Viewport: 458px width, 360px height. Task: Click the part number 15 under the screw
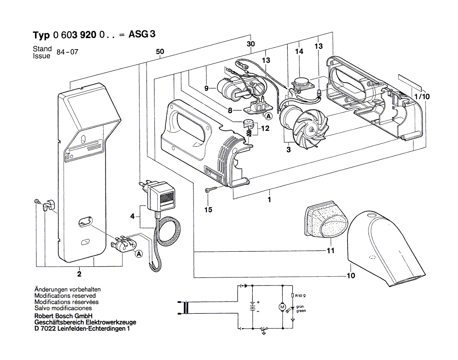[x=208, y=210]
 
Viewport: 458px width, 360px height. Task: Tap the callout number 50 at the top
[x=160, y=52]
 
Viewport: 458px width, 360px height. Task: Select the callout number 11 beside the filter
[x=330, y=251]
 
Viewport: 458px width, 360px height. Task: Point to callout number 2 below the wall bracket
[x=79, y=274]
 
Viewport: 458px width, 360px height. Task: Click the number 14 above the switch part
[x=299, y=51]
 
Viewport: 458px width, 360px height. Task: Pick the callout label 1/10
[x=422, y=96]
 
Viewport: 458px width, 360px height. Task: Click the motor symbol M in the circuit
[x=282, y=307]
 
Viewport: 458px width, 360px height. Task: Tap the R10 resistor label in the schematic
[x=300, y=296]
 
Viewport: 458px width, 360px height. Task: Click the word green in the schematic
[x=301, y=311]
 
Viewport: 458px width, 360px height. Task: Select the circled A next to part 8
[x=269, y=116]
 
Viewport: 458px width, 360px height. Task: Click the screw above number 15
[x=211, y=190]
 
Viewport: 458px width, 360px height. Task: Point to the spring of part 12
[x=248, y=133]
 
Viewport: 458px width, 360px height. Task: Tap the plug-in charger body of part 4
[x=161, y=196]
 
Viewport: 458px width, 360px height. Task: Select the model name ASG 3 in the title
[x=142, y=34]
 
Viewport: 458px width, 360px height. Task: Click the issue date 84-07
[x=67, y=52]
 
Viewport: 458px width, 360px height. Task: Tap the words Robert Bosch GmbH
[x=63, y=316]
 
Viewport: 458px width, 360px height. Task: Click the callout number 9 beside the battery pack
[x=207, y=88]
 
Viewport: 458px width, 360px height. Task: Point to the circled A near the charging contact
[x=139, y=254]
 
